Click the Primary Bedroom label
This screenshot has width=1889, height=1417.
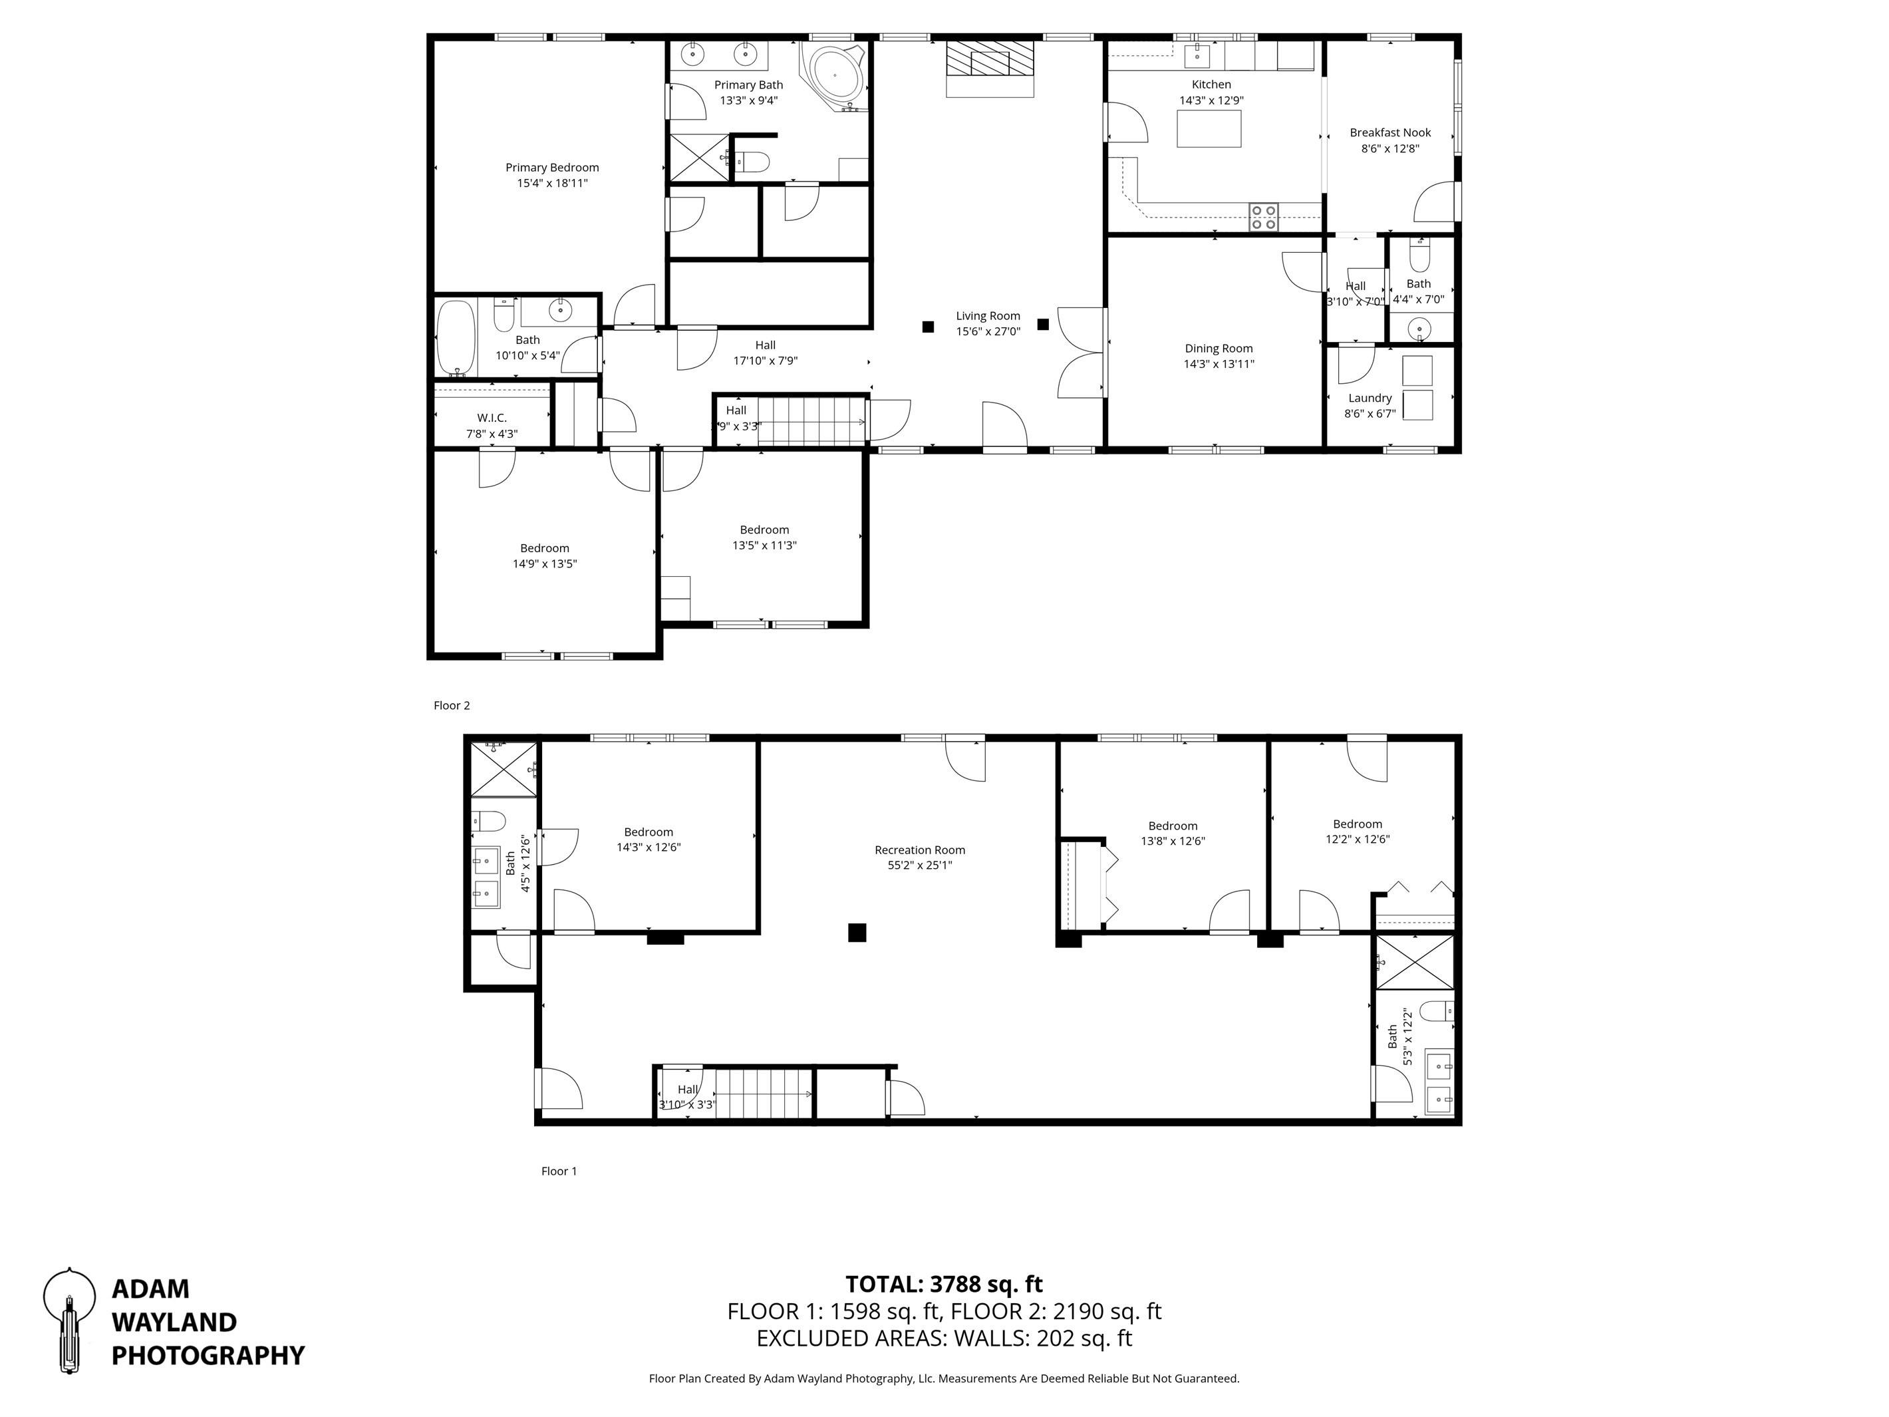551,168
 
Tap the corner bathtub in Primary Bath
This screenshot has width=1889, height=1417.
833,75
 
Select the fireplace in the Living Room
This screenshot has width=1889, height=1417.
990,69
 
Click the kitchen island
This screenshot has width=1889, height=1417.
1209,129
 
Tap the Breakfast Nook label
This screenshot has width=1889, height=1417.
1390,132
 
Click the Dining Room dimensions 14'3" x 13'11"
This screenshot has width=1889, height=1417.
1219,364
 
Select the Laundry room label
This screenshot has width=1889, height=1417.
1370,398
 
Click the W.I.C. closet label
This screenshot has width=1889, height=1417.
492,418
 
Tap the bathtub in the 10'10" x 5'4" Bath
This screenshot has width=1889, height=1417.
455,338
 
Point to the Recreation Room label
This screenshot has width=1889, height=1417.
920,850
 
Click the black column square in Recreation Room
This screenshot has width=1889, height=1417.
857,932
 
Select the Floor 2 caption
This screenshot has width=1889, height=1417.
452,706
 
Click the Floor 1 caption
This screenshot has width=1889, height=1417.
559,1171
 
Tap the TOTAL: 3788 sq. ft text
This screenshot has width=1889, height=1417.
944,1284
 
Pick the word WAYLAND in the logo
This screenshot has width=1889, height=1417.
174,1322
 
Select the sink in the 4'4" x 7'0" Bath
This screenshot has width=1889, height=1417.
1419,328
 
